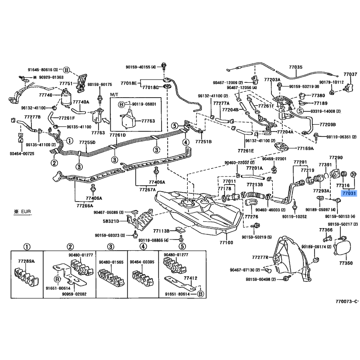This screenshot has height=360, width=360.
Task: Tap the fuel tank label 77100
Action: pyautogui.click(x=226, y=243)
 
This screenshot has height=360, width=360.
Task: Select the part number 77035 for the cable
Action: pyautogui.click(x=296, y=67)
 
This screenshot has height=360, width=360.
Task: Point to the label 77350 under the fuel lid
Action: pyautogui.click(x=346, y=263)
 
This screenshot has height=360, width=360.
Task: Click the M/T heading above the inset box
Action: pyautogui.click(x=114, y=96)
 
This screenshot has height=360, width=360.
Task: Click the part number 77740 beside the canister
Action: pyautogui.click(x=45, y=95)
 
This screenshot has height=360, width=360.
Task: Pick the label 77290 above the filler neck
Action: pyautogui.click(x=336, y=158)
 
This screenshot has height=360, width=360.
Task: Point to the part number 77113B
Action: pyautogui.click(x=160, y=231)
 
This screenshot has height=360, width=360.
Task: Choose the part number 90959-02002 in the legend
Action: pyautogui.click(x=74, y=294)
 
